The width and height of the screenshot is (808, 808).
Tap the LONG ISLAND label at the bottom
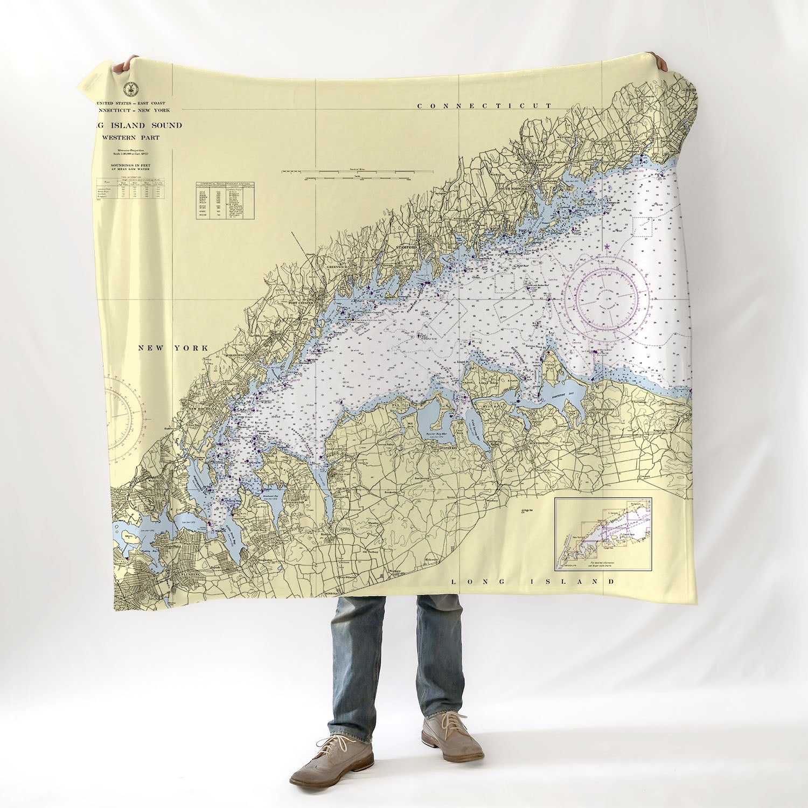click(x=532, y=582)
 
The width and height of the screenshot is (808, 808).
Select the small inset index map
click(x=603, y=534)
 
